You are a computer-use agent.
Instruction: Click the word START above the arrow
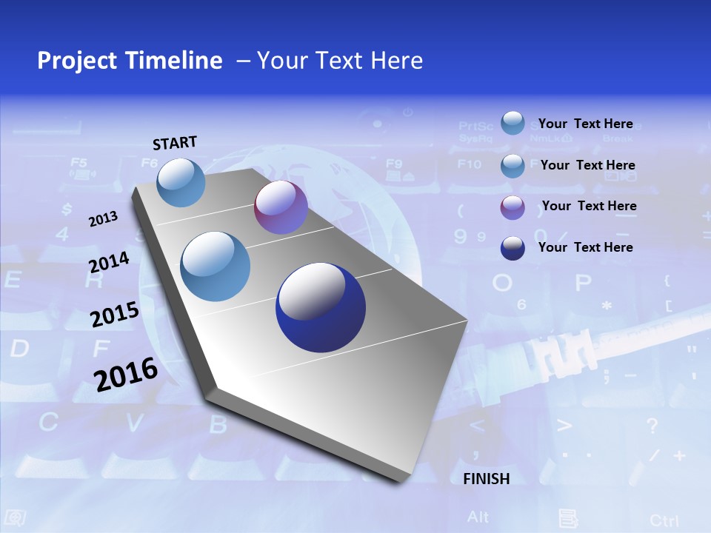click(x=175, y=143)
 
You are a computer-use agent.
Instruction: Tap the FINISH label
click(x=487, y=479)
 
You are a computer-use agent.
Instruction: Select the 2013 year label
click(x=103, y=219)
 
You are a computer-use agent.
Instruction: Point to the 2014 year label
click(x=109, y=263)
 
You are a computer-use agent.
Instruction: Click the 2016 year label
click(x=126, y=374)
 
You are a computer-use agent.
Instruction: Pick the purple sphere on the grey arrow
click(x=281, y=207)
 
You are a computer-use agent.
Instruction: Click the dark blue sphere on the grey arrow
click(x=321, y=307)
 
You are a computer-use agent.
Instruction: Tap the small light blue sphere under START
click(x=181, y=182)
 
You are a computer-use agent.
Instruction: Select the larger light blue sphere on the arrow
click(x=216, y=266)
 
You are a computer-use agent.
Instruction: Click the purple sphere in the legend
click(x=513, y=207)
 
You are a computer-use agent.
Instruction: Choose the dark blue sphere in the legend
click(x=513, y=248)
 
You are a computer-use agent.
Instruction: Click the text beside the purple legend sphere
click(x=589, y=206)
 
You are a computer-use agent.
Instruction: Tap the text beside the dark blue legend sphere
click(x=585, y=247)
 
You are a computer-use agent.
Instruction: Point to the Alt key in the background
click(x=478, y=516)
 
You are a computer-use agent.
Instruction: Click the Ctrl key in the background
click(x=664, y=520)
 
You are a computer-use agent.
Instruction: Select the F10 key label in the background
click(x=470, y=164)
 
